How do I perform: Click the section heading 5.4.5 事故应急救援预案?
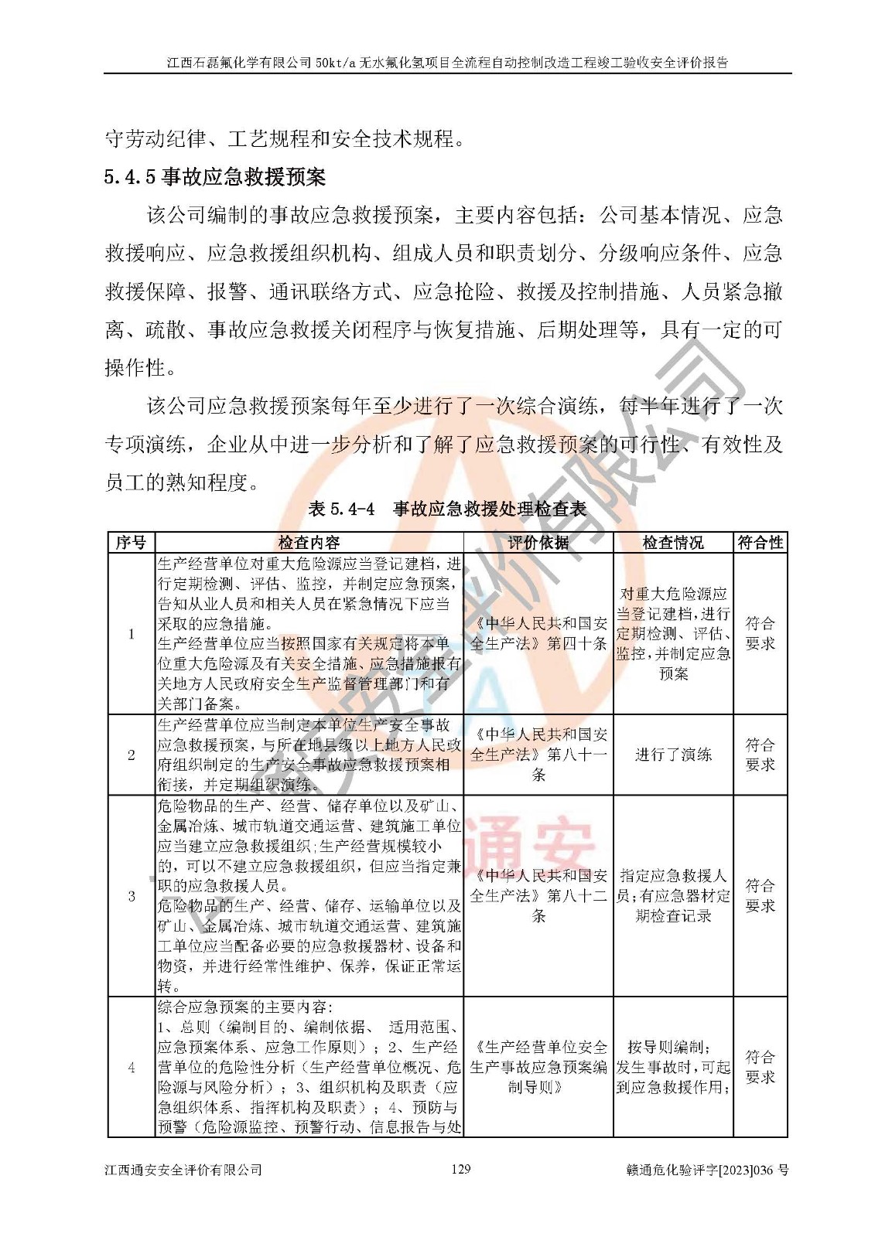(214, 178)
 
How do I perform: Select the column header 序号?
(131, 543)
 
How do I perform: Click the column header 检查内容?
(309, 543)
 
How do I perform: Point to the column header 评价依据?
(538, 543)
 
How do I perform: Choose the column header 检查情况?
(673, 543)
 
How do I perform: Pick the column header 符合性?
(760, 543)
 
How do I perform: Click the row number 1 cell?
(131, 634)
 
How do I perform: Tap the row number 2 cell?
(131, 755)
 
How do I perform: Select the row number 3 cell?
(131, 896)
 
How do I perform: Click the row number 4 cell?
(131, 1068)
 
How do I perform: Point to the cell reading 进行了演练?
(673, 755)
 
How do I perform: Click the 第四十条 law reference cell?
(538, 634)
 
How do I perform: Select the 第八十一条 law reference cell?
(538, 755)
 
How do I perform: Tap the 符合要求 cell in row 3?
(760, 896)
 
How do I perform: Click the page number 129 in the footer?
(460, 1169)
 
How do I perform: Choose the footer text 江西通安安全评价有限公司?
(183, 1170)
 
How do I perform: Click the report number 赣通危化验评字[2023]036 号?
(707, 1170)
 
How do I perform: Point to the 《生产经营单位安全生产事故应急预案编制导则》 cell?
(538, 1068)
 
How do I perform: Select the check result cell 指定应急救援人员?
(673, 896)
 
